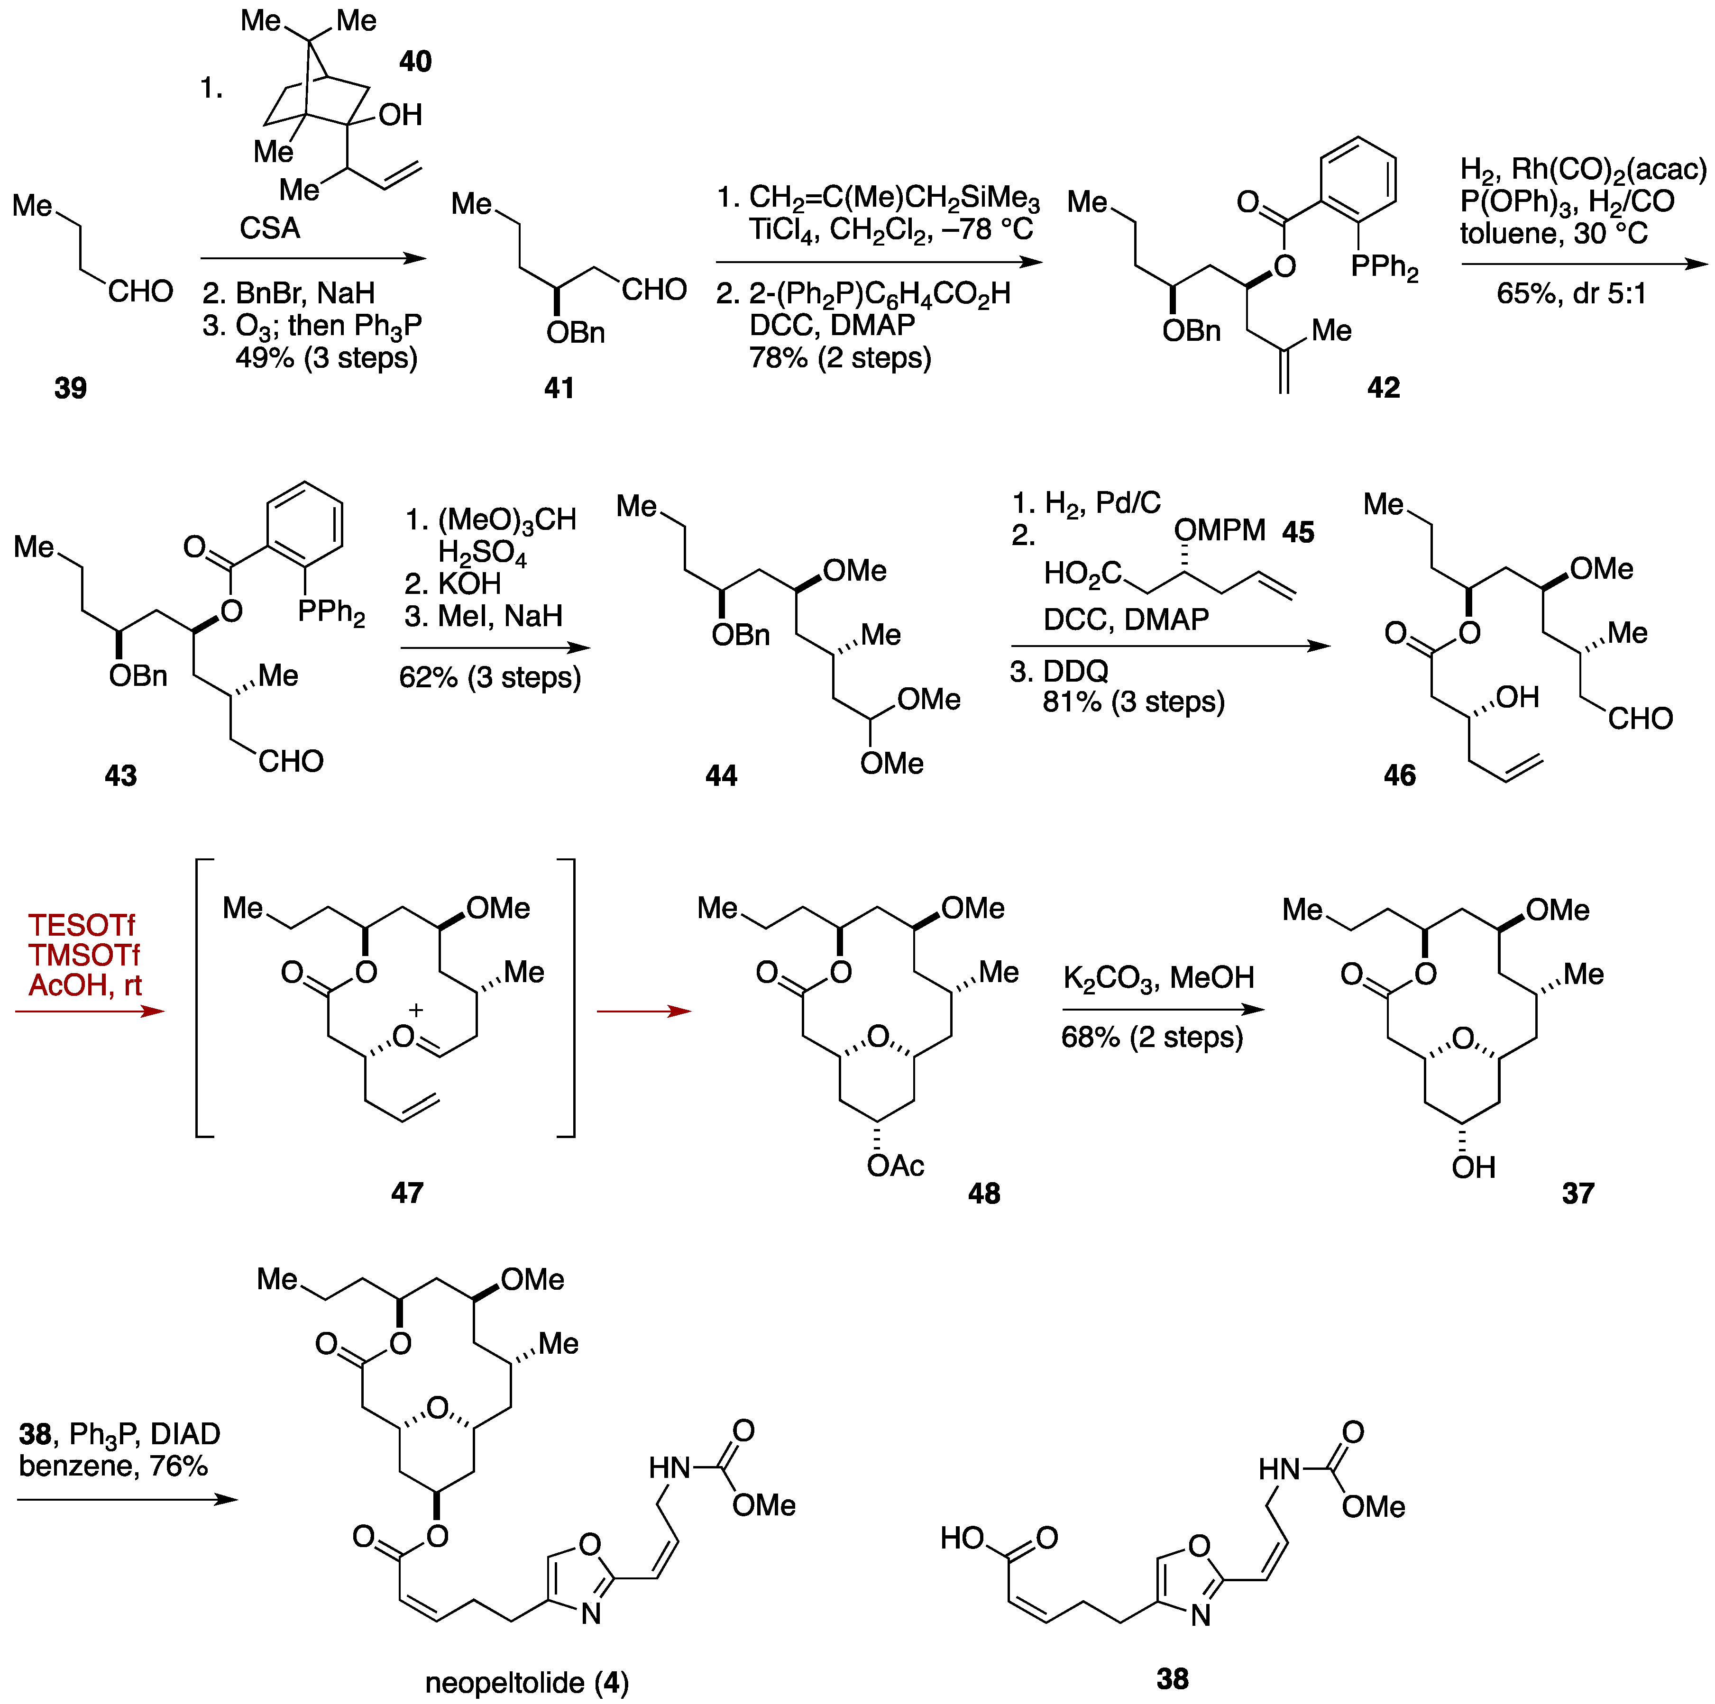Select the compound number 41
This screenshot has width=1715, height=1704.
tap(559, 388)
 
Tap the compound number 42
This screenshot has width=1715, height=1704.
tap(1383, 388)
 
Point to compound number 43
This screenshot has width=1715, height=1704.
tap(121, 775)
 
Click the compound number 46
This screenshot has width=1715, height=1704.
tap(1400, 775)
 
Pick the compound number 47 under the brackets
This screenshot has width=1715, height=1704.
tap(407, 1193)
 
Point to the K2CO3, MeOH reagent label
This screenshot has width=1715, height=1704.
tap(1158, 978)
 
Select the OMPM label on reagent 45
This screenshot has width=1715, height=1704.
tap(1220, 531)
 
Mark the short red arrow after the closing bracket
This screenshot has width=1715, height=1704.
tap(643, 1011)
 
